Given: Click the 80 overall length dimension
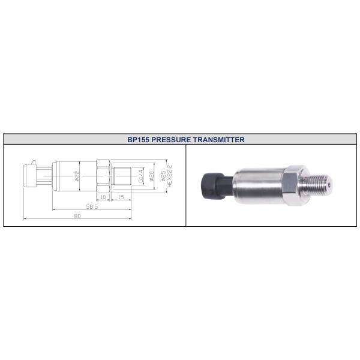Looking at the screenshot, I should [77, 216].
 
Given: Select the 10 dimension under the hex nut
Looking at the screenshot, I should [103, 197].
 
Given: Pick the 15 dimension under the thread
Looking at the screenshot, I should [121, 197].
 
